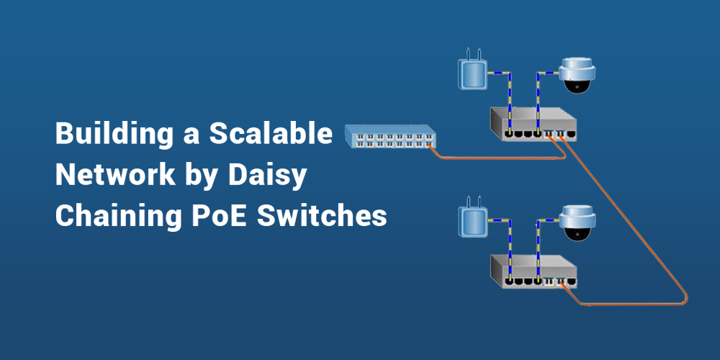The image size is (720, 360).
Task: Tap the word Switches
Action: (321, 215)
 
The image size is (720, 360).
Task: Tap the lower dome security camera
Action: (578, 223)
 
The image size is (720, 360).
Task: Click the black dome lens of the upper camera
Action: (577, 86)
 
